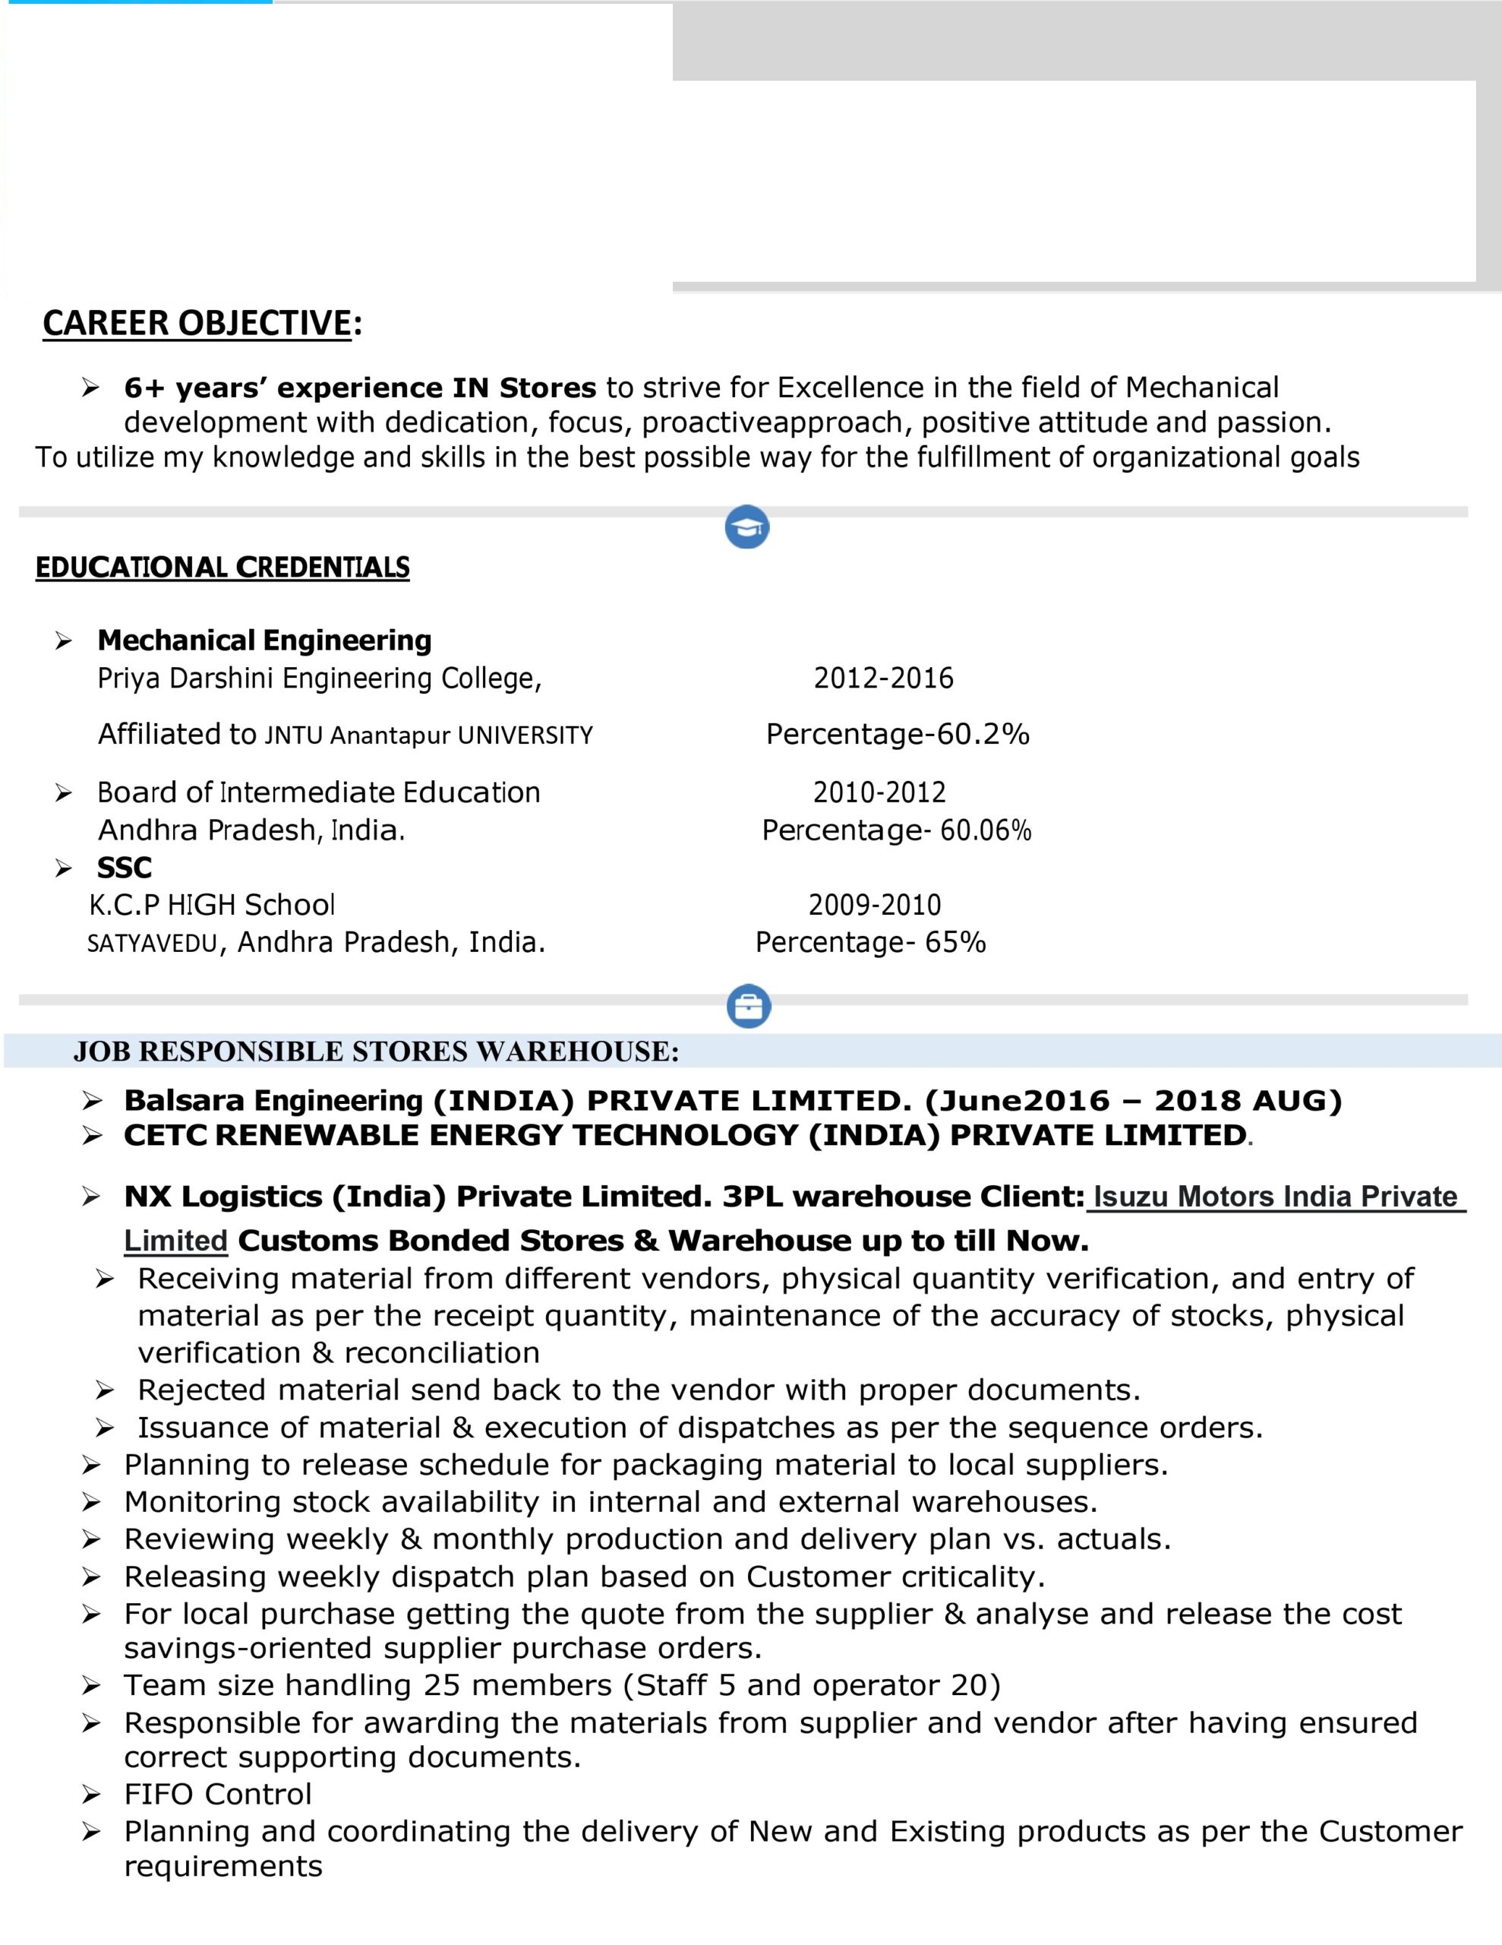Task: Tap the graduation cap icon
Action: coord(747,527)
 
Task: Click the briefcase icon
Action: coord(748,1007)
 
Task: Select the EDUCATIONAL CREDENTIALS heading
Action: coord(222,568)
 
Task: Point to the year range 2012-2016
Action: coord(883,678)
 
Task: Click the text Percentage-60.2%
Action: coord(898,734)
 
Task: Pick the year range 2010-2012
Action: coord(879,792)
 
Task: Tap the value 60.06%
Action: coord(986,830)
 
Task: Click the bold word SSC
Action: coord(124,868)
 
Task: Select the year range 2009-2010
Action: coord(874,905)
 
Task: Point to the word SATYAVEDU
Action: coord(152,943)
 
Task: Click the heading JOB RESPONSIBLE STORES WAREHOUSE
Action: coord(376,1052)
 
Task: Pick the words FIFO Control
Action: coord(218,1794)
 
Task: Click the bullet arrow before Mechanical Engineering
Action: coord(63,640)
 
